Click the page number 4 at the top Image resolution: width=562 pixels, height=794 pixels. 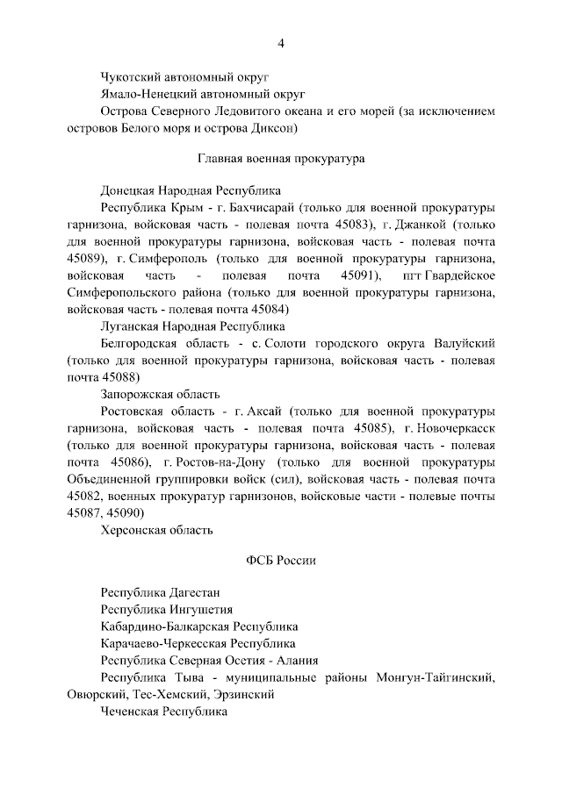tap(281, 43)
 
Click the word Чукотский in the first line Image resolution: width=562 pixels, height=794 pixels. tap(133, 76)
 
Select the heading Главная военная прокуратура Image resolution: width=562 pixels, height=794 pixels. tap(280, 159)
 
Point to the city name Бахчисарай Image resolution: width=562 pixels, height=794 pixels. tap(261, 208)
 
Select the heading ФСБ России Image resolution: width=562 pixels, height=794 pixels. tap(280, 560)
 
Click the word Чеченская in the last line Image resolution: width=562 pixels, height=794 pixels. tap(130, 712)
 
